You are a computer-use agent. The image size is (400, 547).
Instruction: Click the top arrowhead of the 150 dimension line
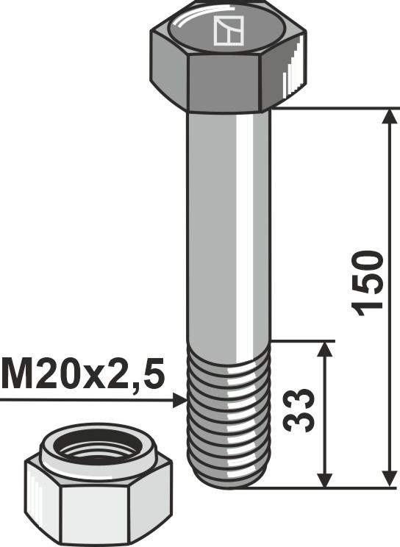tap(387, 118)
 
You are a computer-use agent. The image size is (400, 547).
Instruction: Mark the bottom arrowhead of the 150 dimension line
tap(387, 478)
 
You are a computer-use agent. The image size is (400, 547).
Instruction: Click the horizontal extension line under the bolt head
tap(331, 107)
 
